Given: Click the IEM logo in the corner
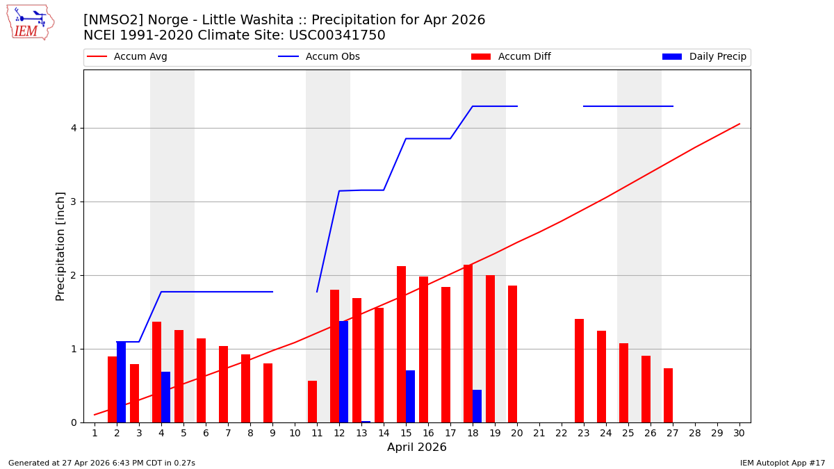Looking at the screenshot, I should (30, 22).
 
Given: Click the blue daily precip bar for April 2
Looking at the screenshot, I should (121, 382).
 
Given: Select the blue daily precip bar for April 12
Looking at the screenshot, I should (343, 372).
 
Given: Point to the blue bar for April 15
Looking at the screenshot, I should (410, 396).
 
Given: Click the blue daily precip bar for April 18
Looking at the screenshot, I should (477, 406).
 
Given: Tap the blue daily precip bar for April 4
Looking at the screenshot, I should (165, 397).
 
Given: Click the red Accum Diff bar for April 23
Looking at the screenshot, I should (579, 370).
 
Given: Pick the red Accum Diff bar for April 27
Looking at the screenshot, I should (668, 395).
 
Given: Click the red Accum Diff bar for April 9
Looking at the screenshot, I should (268, 393).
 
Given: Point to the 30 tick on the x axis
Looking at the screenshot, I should (739, 433).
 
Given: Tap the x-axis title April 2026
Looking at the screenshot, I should (416, 447).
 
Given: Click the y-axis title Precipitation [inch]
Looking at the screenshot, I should (60, 246).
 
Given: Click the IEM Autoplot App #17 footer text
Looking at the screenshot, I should (782, 463).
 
